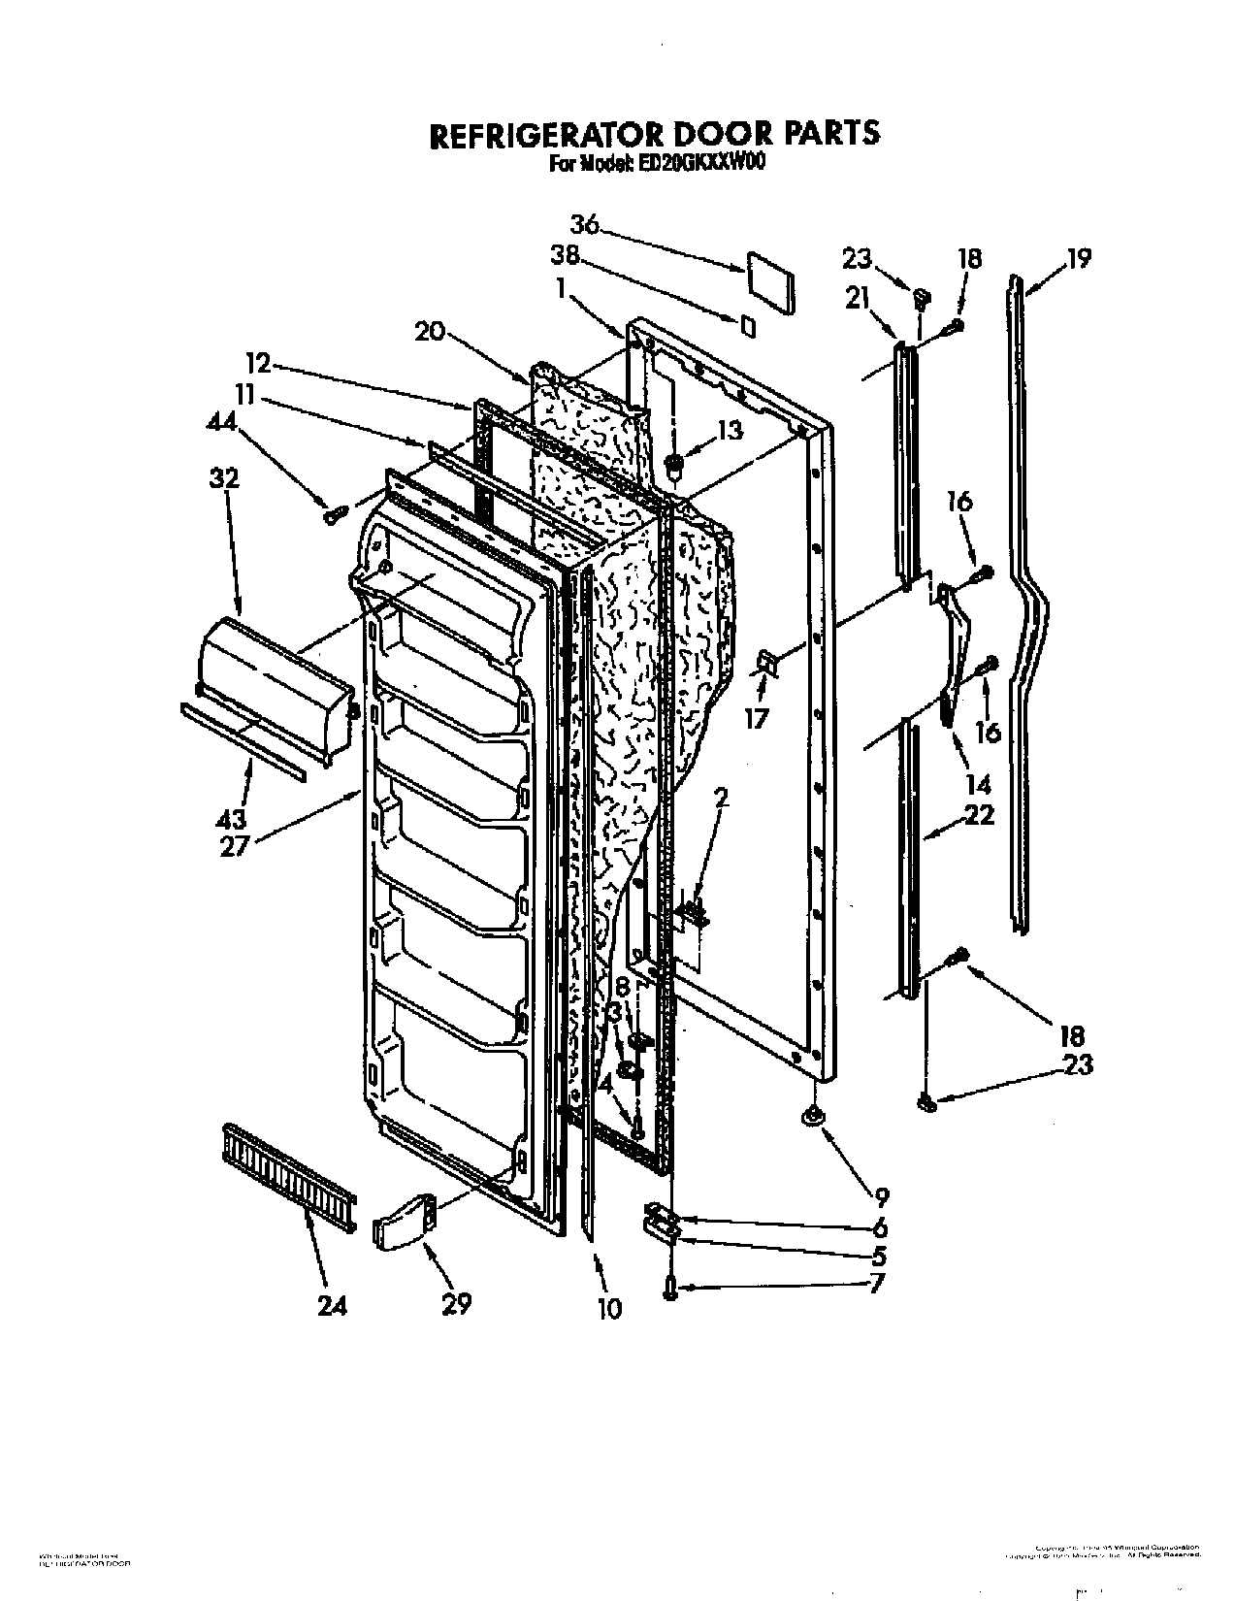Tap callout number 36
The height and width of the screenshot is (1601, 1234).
tap(584, 225)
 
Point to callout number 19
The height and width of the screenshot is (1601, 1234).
tap(1078, 258)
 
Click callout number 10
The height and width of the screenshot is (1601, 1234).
tap(608, 1308)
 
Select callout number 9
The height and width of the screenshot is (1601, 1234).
tap(881, 1195)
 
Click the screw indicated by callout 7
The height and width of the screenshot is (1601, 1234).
tap(671, 1289)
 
